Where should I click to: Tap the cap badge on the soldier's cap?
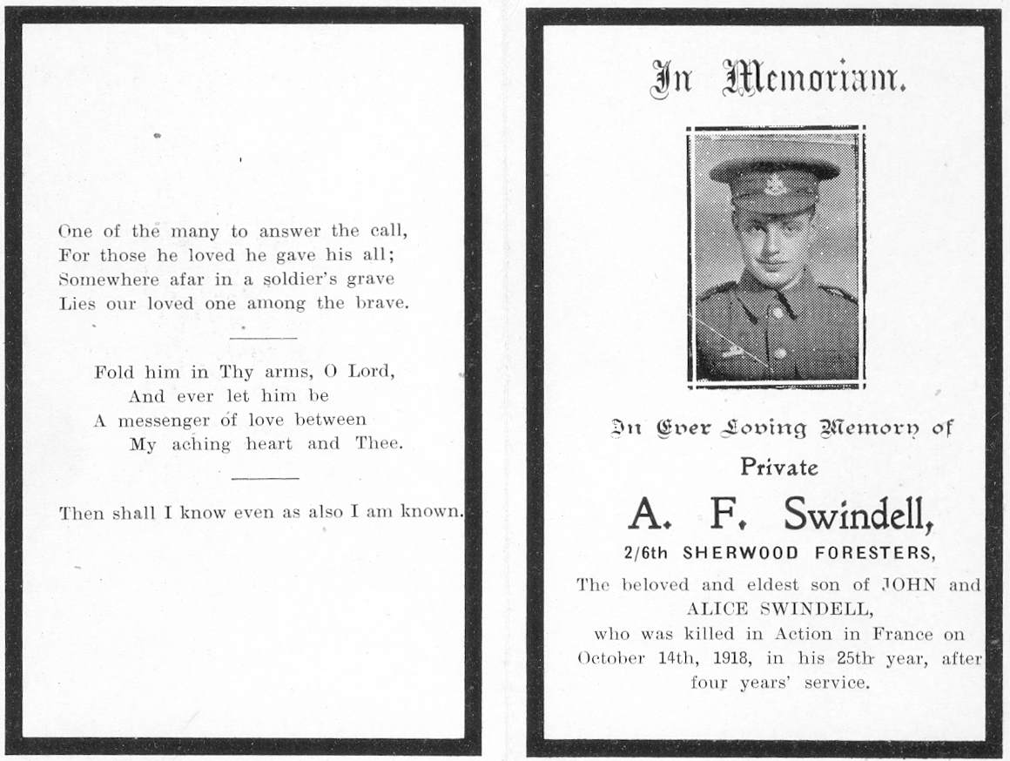point(772,185)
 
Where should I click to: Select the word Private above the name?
point(779,468)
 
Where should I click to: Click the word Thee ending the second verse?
point(379,443)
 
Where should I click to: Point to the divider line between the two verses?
point(263,337)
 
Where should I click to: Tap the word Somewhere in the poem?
point(108,279)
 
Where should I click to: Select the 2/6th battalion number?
point(644,552)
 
